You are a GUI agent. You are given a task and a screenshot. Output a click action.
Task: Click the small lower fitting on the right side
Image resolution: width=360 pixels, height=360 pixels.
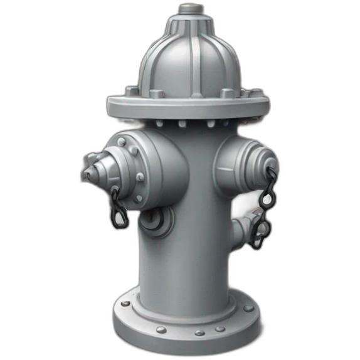[x=250, y=229]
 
